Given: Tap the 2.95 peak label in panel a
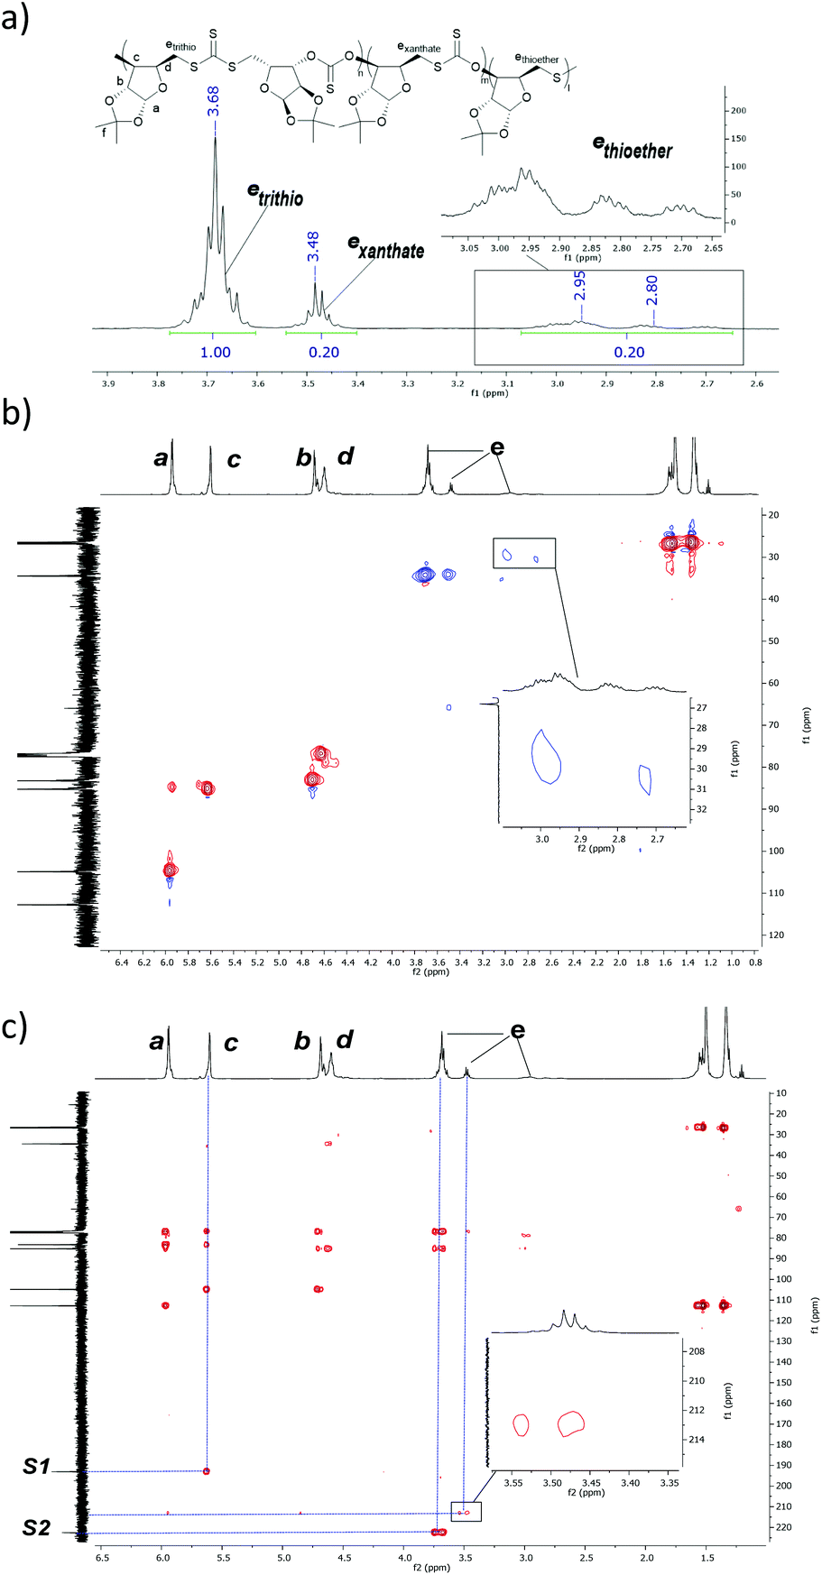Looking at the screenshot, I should point(579,286).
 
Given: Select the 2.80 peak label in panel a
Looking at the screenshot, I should point(651,290).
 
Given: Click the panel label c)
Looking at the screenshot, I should point(16,1027).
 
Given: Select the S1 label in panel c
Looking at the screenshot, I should point(36,1468).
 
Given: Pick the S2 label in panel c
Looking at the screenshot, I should point(36,1528).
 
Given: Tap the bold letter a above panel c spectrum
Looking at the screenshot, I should point(157,1042).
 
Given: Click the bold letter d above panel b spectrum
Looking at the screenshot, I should point(346,457).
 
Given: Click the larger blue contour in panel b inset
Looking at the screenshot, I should point(546,757).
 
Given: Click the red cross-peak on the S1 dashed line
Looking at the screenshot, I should point(207,1471).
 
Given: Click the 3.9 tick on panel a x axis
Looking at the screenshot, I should point(108,384).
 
